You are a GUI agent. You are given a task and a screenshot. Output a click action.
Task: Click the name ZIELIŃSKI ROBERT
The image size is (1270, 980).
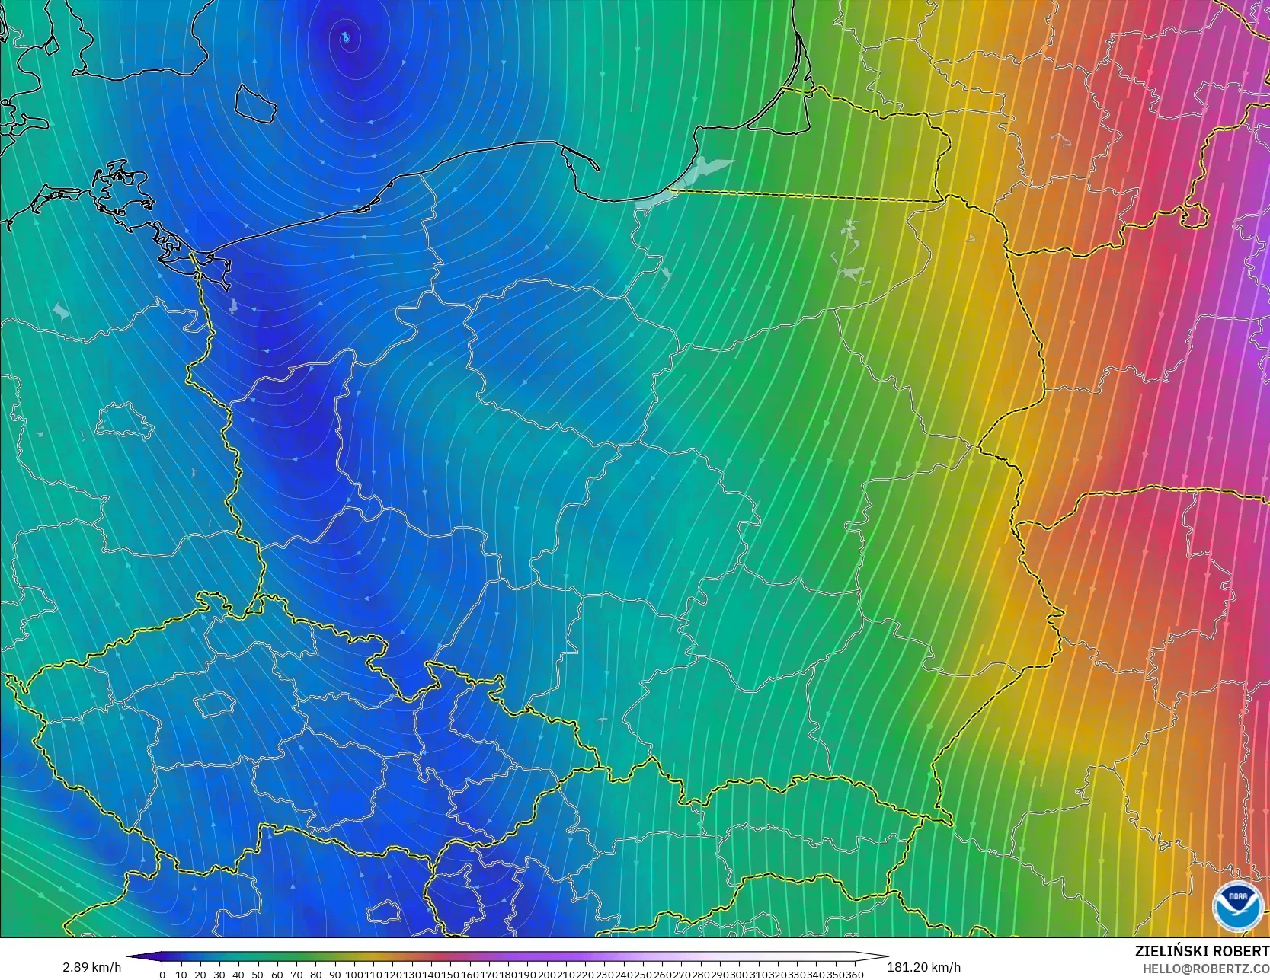coord(1201,951)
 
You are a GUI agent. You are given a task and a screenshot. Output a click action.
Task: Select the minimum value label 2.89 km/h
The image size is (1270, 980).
coord(91,967)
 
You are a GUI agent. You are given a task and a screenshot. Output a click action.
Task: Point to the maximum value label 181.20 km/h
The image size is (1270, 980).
coord(923,967)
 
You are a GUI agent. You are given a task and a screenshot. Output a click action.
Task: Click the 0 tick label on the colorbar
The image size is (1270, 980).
coord(162,975)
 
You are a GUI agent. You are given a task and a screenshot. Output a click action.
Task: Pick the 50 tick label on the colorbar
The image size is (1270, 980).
coord(258,975)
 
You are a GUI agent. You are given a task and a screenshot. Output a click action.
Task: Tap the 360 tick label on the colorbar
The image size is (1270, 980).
coord(854,975)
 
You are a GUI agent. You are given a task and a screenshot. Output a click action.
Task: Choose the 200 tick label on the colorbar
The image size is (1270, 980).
coord(546,975)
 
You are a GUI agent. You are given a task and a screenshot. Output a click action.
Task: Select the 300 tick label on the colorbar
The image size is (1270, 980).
coord(739,975)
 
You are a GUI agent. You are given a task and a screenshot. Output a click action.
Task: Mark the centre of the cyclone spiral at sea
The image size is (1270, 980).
coord(346,37)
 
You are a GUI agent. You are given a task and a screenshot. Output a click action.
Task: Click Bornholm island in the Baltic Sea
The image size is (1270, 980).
coord(254,103)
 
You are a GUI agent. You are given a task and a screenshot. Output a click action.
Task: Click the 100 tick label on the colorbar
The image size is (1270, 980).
coord(354,975)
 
